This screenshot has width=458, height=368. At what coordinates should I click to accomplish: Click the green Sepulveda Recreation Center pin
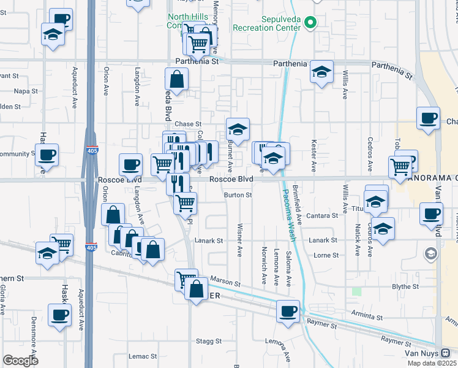coord(310,25)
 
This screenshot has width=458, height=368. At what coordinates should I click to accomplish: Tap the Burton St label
coord(238,195)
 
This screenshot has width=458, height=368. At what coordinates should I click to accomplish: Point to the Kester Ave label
coord(313,158)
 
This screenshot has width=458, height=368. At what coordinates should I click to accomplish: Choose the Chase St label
coord(188,124)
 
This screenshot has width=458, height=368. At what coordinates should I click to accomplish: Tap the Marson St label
coord(225,282)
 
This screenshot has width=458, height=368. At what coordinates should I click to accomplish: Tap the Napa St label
coord(26,91)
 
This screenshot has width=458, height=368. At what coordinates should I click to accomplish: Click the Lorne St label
coord(327,255)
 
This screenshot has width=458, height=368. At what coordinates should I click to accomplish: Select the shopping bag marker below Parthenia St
coord(176,79)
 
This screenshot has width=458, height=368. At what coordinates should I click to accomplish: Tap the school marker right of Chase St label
coord(238,129)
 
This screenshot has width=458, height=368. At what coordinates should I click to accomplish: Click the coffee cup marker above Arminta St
coord(288,311)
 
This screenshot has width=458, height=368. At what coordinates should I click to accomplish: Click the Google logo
coord(20,360)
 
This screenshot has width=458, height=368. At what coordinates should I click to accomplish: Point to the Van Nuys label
coord(421,354)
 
